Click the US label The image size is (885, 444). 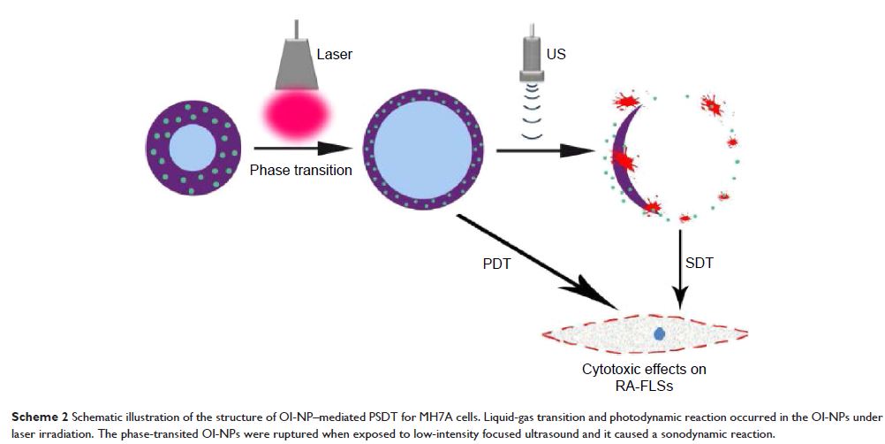tap(556, 54)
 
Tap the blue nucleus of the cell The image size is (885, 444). tap(659, 334)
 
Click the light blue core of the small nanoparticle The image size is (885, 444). tap(195, 149)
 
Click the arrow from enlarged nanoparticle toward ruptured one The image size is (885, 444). tap(548, 151)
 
